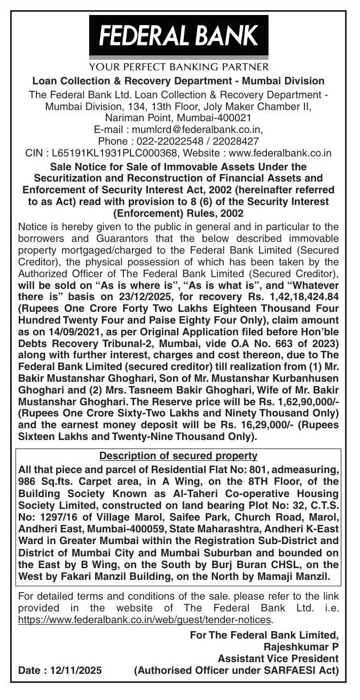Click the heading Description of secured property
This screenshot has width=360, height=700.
pyautogui.click(x=178, y=456)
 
